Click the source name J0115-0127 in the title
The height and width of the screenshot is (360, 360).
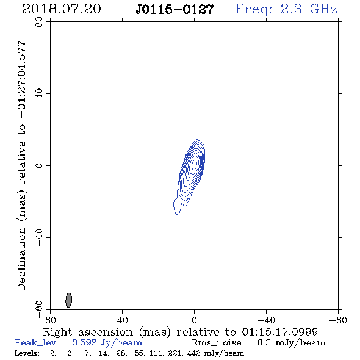(x=175, y=9)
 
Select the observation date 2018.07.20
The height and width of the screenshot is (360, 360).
(x=62, y=9)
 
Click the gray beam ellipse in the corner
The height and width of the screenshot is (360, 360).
(x=69, y=300)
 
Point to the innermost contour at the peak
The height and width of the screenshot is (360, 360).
(x=194, y=164)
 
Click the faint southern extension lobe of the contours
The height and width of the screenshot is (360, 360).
(x=177, y=207)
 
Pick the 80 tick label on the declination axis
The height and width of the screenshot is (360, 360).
(x=39, y=22)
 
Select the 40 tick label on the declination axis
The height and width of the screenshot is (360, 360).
(x=39, y=94)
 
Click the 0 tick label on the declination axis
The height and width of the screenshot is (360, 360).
(x=39, y=165)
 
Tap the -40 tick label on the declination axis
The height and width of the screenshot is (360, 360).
(x=39, y=237)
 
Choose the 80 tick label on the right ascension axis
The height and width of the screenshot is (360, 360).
(x=50, y=320)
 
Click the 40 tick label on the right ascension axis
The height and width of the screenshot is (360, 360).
(x=122, y=320)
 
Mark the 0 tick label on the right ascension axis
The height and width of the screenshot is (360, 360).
(x=194, y=320)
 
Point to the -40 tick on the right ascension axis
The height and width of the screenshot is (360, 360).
(x=266, y=320)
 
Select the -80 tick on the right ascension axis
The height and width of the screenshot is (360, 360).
(x=338, y=320)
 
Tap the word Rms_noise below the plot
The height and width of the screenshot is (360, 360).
(x=220, y=343)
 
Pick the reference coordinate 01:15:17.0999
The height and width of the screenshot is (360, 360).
(x=280, y=332)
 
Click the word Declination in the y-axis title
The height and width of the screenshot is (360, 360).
(x=21, y=259)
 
